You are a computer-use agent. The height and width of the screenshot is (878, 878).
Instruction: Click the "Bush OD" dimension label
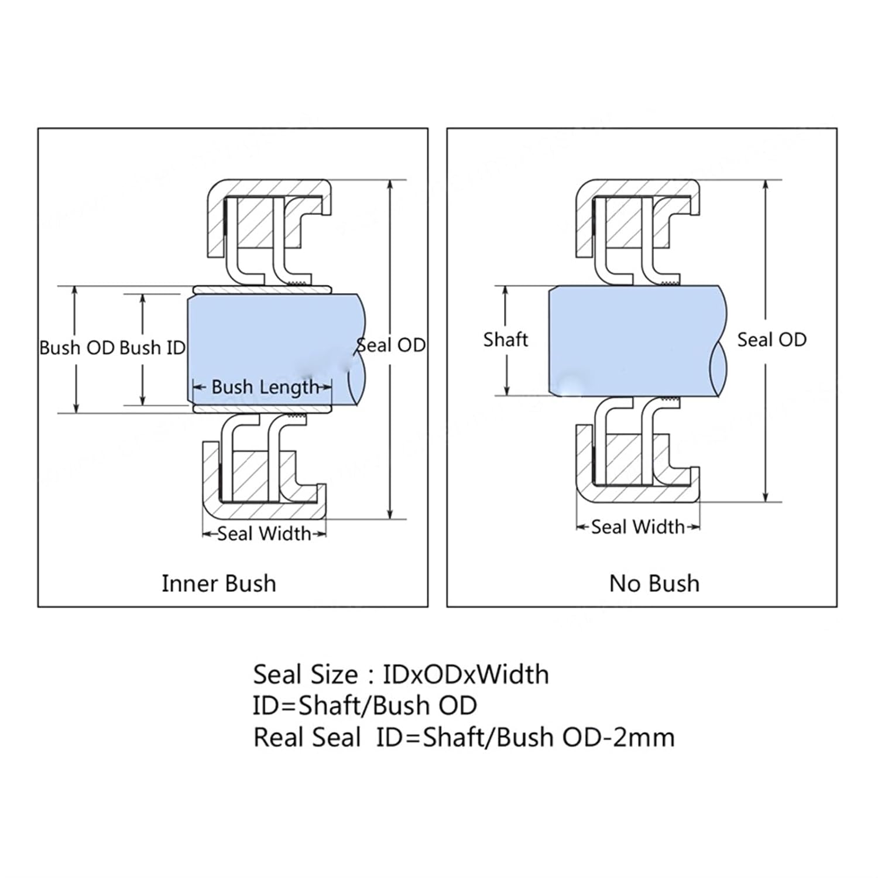coord(77,348)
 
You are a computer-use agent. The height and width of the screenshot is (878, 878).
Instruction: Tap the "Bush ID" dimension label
coord(152,348)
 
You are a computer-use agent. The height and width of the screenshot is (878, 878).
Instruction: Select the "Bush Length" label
coord(265,387)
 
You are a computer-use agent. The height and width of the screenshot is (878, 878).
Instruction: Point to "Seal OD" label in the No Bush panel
coord(771,339)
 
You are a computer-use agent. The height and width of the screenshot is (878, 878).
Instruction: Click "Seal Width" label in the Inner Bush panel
coord(264,534)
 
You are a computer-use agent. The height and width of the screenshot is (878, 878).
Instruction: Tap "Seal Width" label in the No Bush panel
coord(637,527)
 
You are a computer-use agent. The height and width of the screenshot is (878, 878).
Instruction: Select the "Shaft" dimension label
coord(506,339)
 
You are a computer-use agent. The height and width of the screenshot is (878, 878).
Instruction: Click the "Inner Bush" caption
coord(218,584)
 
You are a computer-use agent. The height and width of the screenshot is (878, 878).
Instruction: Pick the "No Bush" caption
coord(654,584)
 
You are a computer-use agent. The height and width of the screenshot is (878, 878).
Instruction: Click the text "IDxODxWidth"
coord(466,675)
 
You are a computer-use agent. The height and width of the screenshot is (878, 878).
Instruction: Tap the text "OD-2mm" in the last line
coord(618,738)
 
